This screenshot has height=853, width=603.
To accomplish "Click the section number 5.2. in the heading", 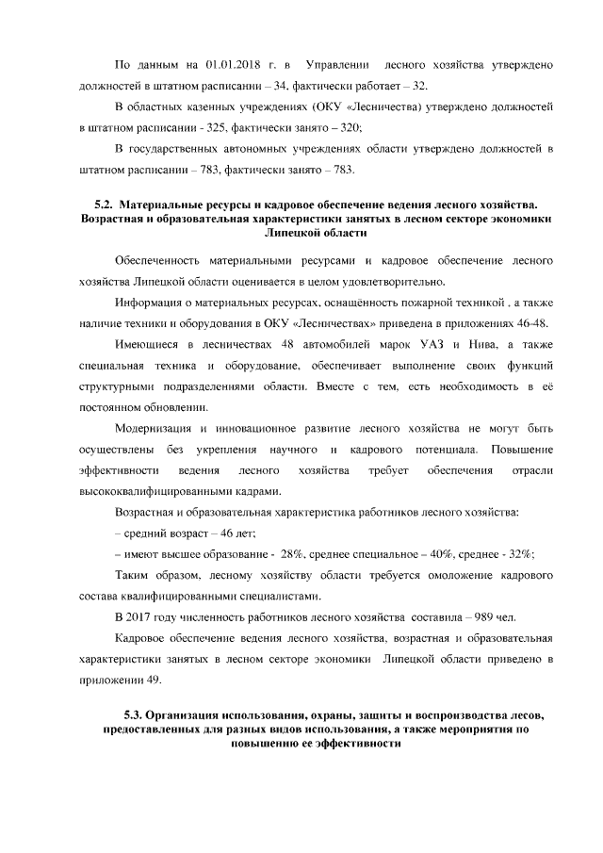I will coord(109,204).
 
